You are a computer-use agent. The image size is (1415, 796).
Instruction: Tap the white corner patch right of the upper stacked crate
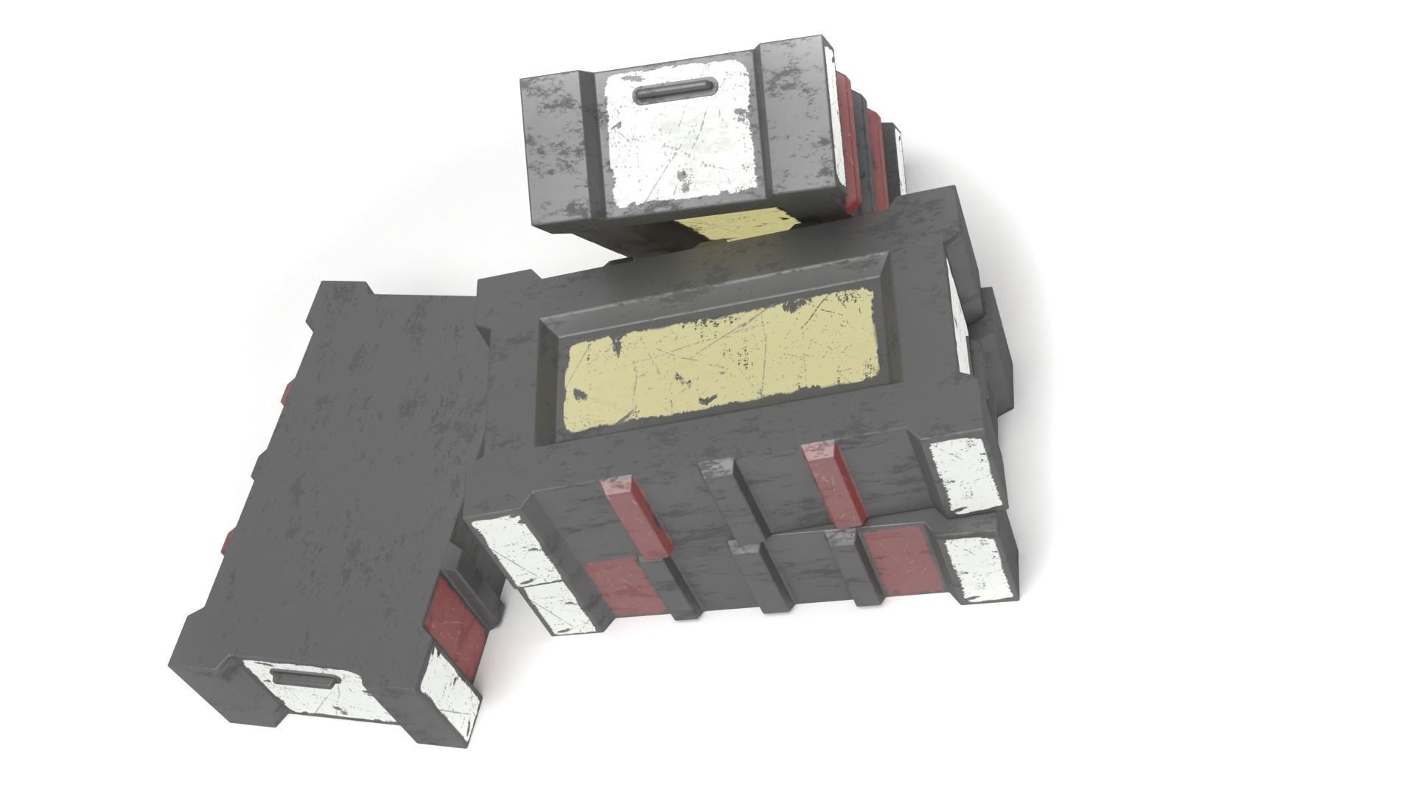[962, 475]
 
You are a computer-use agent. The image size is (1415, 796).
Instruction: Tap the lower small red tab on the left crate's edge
[227, 542]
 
